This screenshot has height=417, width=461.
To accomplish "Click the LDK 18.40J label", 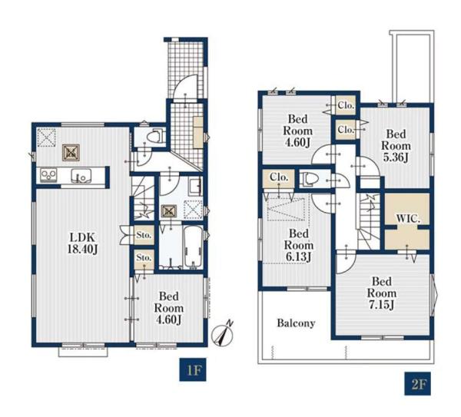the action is point(83,243).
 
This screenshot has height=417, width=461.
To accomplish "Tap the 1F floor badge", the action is point(193,369).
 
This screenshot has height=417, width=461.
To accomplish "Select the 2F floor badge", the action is point(417,383).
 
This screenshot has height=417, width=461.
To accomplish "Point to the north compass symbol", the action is point(223,334).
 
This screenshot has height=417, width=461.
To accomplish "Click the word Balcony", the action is point(296,323).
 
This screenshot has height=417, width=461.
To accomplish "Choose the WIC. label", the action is point(408,219).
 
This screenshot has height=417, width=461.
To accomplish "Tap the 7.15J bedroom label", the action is point(382,293).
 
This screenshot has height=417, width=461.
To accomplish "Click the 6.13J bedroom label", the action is point(299,245).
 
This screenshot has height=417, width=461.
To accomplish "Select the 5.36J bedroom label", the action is point(396,146).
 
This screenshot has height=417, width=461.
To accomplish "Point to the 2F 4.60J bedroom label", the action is point(297,131).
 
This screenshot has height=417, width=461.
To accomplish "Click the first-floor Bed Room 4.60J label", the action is point(169,308).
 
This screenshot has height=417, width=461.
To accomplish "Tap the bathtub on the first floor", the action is point(193,247).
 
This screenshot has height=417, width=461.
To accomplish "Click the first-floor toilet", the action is point(154,136).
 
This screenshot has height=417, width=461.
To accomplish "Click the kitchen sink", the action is point(81,176).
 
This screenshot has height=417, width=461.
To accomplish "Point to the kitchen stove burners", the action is point(48,174).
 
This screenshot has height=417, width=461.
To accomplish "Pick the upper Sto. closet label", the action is point(144,235).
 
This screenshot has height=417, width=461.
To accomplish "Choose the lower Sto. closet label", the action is point(144,258).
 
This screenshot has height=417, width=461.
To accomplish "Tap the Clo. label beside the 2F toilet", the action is point(279,177).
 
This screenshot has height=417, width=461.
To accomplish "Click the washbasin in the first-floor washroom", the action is point(195,187).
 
